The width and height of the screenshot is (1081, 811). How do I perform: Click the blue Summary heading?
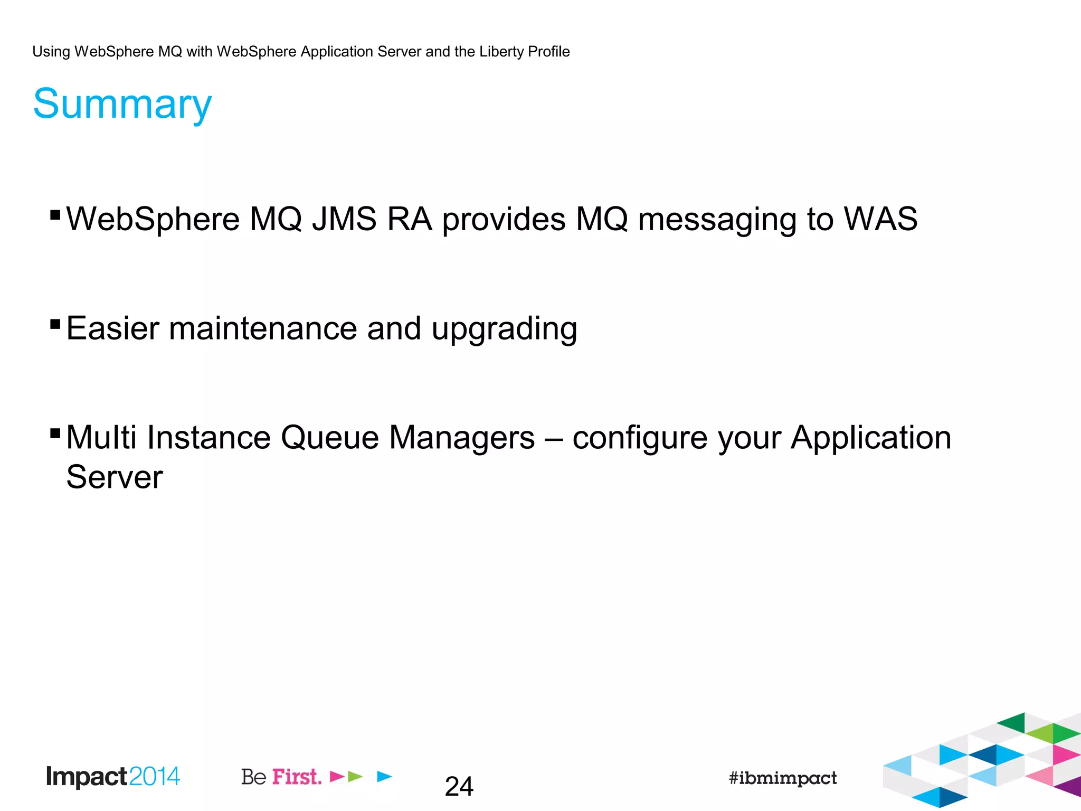click(x=122, y=104)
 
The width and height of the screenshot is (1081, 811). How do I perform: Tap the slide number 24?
click(x=459, y=787)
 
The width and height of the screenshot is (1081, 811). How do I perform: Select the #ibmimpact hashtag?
click(x=782, y=778)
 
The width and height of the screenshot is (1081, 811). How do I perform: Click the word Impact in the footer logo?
click(x=87, y=777)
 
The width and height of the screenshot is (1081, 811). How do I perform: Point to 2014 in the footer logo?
click(x=154, y=776)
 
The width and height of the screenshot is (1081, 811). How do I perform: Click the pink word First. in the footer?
click(x=297, y=777)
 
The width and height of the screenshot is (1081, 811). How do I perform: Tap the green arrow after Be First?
click(x=356, y=776)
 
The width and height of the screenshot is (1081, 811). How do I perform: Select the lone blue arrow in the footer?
click(x=385, y=776)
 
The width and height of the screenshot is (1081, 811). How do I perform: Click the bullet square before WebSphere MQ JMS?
click(x=55, y=214)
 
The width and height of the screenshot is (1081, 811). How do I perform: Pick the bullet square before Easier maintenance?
click(x=55, y=324)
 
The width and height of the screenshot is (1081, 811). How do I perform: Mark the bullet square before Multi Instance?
click(x=55, y=433)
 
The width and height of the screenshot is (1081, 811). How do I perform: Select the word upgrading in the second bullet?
click(x=504, y=329)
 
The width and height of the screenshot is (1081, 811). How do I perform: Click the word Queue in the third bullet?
click(x=329, y=438)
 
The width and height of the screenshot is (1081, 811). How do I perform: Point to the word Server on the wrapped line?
click(x=114, y=477)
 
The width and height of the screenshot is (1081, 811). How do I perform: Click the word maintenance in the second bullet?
click(x=263, y=328)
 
